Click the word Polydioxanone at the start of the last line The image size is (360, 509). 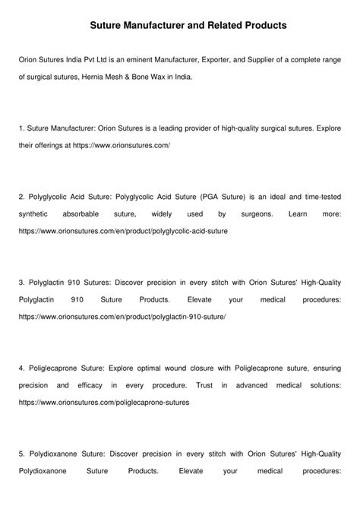click(42, 471)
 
